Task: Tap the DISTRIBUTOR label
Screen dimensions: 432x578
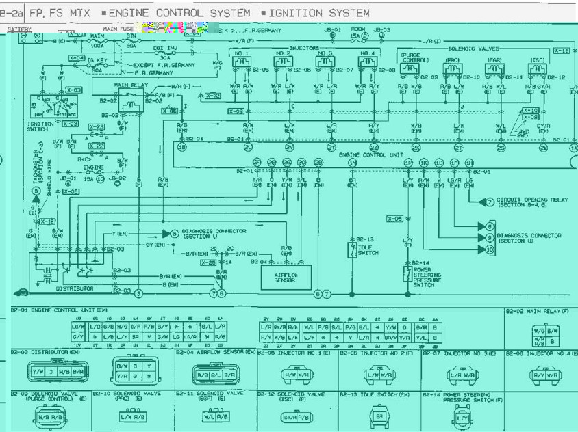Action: [75, 289]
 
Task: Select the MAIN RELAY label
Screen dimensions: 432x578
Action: [131, 85]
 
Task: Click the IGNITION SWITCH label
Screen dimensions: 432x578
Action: [37, 126]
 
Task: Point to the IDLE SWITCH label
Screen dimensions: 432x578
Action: [368, 250]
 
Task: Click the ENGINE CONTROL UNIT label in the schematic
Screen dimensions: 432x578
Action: [371, 155]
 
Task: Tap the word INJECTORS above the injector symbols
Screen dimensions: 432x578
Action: [305, 49]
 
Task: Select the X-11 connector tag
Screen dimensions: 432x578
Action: [561, 51]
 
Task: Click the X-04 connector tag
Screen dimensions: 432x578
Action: [77, 59]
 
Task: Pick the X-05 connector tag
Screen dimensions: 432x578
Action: [394, 219]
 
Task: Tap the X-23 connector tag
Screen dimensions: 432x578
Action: [97, 126]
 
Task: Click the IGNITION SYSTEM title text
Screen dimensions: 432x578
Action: [318, 13]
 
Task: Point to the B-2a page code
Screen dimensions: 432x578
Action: [12, 13]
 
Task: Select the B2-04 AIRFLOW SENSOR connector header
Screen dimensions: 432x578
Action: [216, 352]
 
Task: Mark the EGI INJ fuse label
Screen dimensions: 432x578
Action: [166, 48]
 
